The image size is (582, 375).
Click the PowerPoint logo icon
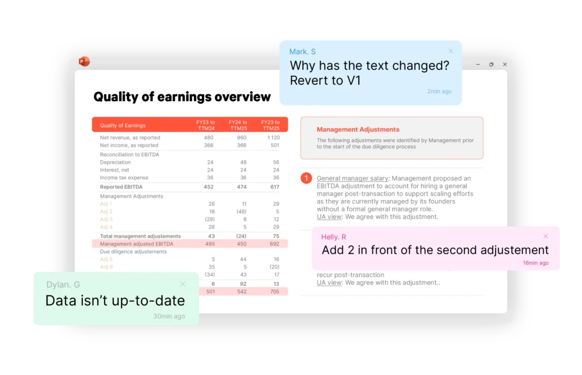(84, 61)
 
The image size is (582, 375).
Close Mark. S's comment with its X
(451, 51)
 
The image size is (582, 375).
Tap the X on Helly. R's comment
(546, 236)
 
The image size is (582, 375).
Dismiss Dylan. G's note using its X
(182, 284)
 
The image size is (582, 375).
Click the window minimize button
(478, 65)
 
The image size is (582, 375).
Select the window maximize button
(492, 65)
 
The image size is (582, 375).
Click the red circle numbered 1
(306, 178)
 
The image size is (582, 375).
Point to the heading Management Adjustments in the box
(358, 130)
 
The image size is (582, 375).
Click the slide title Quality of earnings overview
(182, 97)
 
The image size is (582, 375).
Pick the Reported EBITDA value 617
(275, 187)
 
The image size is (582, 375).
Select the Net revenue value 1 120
(273, 137)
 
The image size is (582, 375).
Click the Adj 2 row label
(106, 211)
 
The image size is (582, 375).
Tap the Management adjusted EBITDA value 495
(210, 244)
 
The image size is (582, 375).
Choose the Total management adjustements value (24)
(241, 236)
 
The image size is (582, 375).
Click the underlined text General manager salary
(352, 178)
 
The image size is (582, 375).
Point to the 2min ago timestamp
(439, 91)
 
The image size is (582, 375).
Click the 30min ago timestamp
(169, 316)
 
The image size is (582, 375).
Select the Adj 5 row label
(106, 259)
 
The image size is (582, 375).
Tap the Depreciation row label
(115, 163)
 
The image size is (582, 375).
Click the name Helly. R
(333, 237)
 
